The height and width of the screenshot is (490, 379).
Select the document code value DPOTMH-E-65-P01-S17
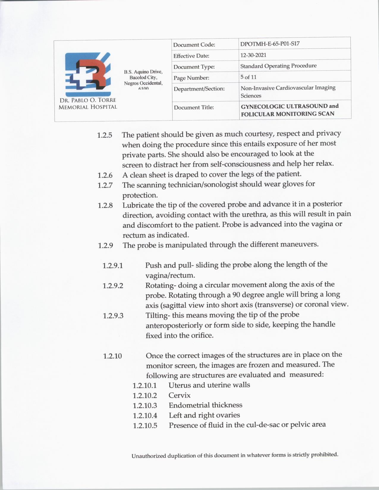click(270, 44)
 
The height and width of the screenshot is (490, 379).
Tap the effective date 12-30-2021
click(253, 55)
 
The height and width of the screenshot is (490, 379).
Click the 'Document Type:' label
click(194, 67)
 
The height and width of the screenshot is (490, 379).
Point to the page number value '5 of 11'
click(249, 77)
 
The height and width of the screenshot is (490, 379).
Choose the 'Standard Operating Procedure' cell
click(278, 66)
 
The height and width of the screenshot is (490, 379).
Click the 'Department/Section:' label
click(199, 88)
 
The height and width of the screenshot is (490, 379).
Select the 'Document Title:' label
click(194, 107)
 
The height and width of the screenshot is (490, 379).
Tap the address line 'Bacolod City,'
click(143, 77)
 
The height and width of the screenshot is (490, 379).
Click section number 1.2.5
click(105, 135)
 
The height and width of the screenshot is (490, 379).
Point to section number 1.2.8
click(105, 205)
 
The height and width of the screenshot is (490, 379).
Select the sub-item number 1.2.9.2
click(113, 286)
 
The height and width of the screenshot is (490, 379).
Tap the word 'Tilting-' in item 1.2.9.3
click(158, 315)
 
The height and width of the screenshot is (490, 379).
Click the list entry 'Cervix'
click(180, 395)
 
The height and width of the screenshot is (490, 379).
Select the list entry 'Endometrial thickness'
click(205, 405)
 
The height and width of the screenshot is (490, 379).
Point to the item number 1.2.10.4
click(145, 415)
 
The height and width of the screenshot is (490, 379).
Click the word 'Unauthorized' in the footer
click(149, 456)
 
